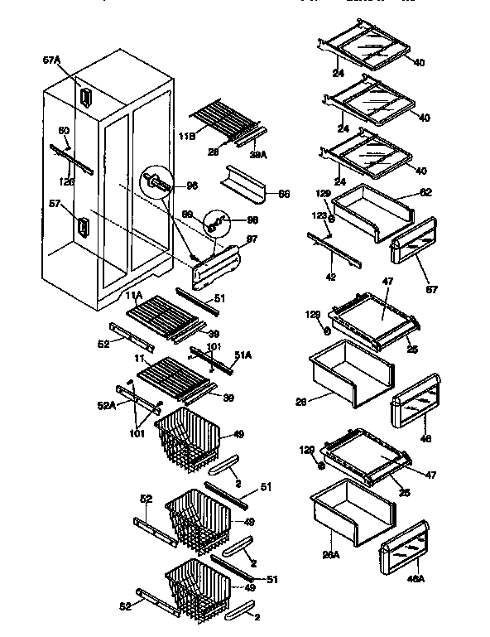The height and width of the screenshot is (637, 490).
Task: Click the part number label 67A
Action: coord(51,60)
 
